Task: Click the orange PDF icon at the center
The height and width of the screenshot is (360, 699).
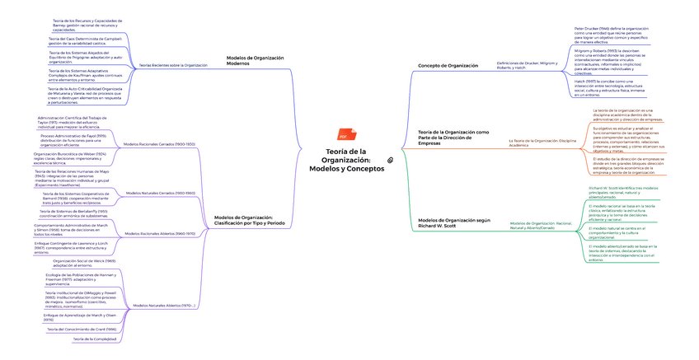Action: [342, 137]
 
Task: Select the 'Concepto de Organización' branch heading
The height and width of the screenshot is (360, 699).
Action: [448, 65]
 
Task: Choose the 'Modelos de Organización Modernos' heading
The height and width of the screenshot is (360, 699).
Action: [254, 60]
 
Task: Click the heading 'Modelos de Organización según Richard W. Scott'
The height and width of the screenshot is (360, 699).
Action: [454, 223]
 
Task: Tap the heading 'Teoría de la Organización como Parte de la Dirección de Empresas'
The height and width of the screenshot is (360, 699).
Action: [453, 138]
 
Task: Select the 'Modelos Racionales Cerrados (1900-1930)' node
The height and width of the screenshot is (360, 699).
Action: [159, 144]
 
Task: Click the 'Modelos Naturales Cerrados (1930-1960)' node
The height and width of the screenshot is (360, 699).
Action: [159, 193]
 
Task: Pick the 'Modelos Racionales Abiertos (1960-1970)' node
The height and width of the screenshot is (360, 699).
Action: [159, 233]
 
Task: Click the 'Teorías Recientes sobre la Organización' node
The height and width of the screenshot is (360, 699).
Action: [173, 64]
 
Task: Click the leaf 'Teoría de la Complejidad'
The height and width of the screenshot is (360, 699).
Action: [94, 339]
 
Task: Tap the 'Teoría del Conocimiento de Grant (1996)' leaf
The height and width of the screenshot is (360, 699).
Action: [82, 328]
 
